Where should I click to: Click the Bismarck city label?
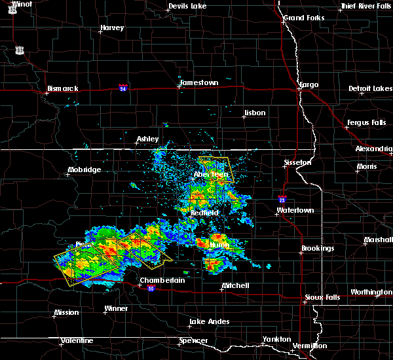63,88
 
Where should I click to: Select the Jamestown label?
199,83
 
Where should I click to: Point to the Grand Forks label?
303,18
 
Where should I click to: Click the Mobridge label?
84,170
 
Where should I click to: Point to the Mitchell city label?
235,286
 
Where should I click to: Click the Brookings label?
318,249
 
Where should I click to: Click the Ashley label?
147,139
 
